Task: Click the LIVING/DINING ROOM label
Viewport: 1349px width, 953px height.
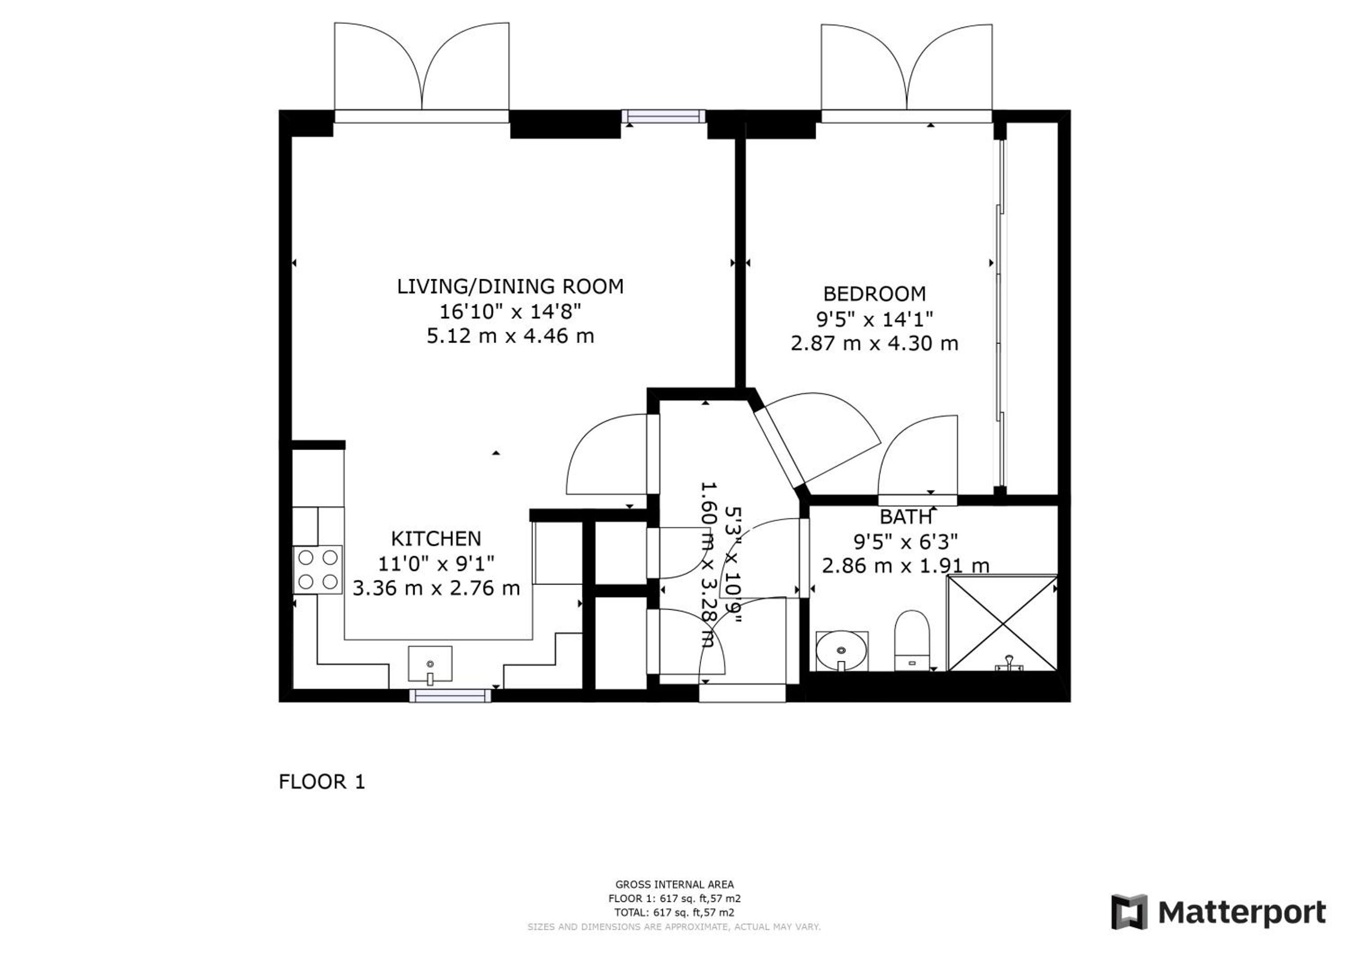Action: [x=510, y=286]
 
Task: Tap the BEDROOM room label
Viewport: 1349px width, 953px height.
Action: [x=874, y=293]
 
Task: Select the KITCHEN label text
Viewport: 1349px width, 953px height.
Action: [x=436, y=538]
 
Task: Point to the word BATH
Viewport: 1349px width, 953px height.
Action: [x=905, y=517]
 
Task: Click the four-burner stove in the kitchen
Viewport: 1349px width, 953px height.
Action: [x=318, y=569]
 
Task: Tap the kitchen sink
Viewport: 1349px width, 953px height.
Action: [x=430, y=663]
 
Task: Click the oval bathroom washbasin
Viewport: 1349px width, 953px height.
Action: [x=842, y=651]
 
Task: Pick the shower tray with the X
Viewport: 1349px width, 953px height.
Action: [x=1002, y=623]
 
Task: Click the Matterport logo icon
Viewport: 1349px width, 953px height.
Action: [x=1129, y=912]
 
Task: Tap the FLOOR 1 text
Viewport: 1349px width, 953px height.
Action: [x=322, y=782]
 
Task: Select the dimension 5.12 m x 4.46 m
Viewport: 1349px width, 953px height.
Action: [x=510, y=336]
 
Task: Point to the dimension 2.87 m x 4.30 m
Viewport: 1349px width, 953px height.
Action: [x=874, y=343]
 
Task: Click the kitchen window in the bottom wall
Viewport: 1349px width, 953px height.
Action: [x=450, y=696]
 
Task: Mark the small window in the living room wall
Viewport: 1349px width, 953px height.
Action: [x=663, y=116]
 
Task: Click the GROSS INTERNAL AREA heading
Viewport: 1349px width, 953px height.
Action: [x=674, y=885]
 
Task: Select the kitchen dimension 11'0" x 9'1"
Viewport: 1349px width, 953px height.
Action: [x=436, y=564]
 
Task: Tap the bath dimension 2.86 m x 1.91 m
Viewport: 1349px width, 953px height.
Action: [x=905, y=566]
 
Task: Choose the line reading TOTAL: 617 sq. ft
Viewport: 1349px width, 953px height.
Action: [x=674, y=912]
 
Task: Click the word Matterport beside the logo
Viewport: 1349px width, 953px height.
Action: [x=1242, y=912]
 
